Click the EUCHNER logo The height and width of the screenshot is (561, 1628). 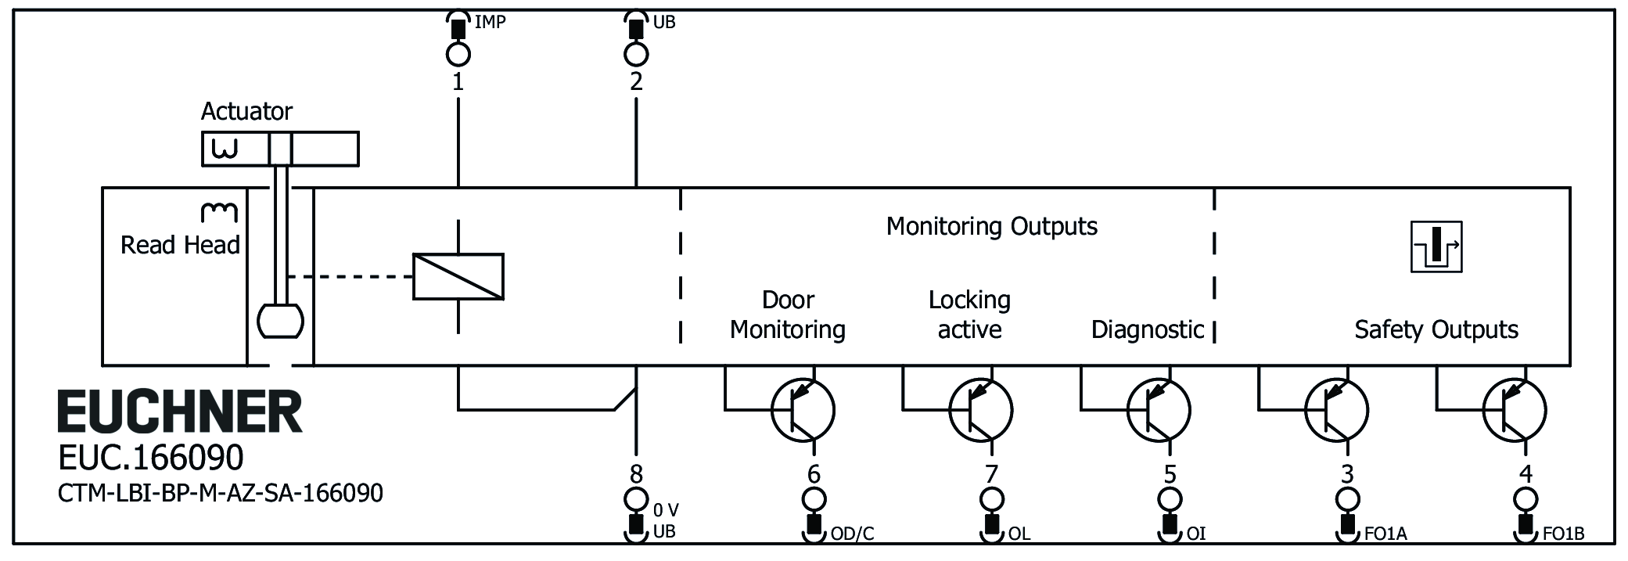point(180,412)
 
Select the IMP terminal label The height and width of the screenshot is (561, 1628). point(491,22)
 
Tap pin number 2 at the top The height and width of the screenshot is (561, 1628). point(636,81)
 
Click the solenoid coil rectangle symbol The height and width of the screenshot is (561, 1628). point(458,276)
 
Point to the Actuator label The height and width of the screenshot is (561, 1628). point(246,112)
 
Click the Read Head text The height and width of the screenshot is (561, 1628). point(180,245)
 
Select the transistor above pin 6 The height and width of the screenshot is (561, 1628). point(803,409)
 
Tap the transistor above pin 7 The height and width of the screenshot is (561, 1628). point(980,409)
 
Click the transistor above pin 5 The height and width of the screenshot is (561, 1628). point(1159,409)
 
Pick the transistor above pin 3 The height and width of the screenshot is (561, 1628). point(1336,409)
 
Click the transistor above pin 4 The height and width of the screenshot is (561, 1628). point(1515,409)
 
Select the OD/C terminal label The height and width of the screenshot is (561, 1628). point(852,534)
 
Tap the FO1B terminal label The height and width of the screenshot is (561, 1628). point(1563,534)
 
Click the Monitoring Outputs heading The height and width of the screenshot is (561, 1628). point(991,227)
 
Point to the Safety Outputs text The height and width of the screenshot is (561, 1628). point(1436,329)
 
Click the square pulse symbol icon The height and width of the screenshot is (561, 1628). point(1436,247)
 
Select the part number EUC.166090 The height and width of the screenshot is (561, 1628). point(151,458)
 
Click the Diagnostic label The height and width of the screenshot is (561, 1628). point(1147,329)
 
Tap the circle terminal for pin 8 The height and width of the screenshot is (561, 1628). point(636,498)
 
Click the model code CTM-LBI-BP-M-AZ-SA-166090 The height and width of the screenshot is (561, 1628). point(221,493)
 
